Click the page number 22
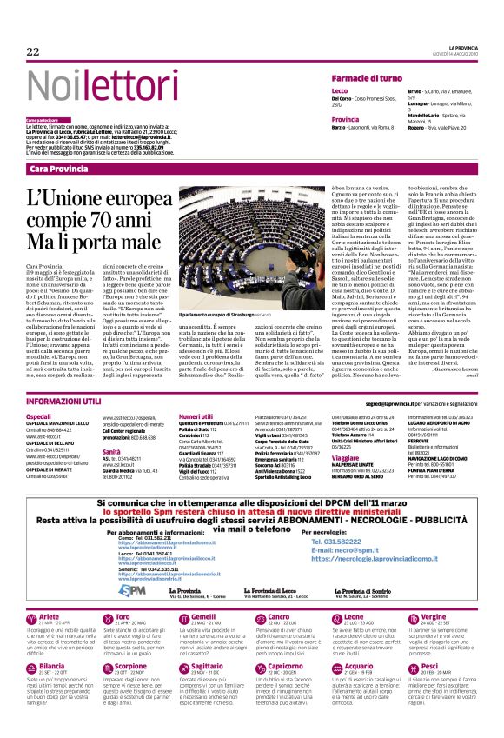pyautogui.click(x=34, y=51)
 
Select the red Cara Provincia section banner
pyautogui.click(x=57, y=168)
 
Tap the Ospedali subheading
pyautogui.click(x=39, y=417)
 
